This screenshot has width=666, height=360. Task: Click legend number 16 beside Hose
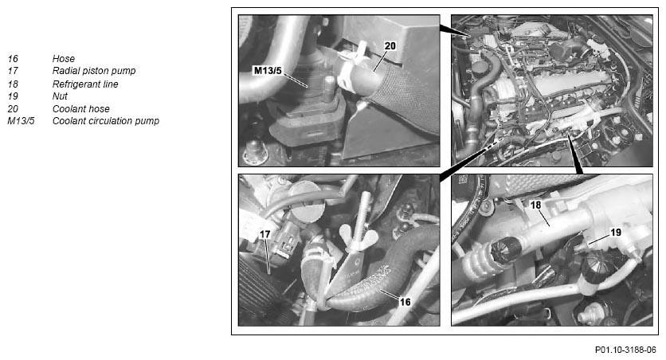coord(14,59)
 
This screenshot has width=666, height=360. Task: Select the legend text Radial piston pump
coord(94,71)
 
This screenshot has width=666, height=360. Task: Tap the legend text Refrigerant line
coord(85,84)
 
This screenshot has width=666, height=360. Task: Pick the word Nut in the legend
coord(60,96)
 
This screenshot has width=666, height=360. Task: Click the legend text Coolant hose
coord(81,109)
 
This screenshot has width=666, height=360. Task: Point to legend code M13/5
coord(21,121)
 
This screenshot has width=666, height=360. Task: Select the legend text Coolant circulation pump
coord(106,121)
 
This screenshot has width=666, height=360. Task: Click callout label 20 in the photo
coord(390,46)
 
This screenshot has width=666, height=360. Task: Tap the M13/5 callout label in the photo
coord(268,70)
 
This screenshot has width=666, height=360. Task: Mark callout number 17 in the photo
coord(265,234)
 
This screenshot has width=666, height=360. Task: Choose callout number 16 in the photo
coord(405,302)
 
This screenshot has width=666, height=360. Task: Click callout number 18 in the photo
coord(535,205)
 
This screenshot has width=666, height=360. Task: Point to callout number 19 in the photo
coord(616,233)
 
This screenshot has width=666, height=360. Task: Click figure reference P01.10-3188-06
coord(625,350)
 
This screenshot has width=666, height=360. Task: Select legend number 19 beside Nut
coord(14,96)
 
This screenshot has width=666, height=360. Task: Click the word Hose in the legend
coord(63,59)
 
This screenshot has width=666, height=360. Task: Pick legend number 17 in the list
coord(14,71)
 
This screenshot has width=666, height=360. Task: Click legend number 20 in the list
coord(14,109)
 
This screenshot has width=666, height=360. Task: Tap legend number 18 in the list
coord(14,84)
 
